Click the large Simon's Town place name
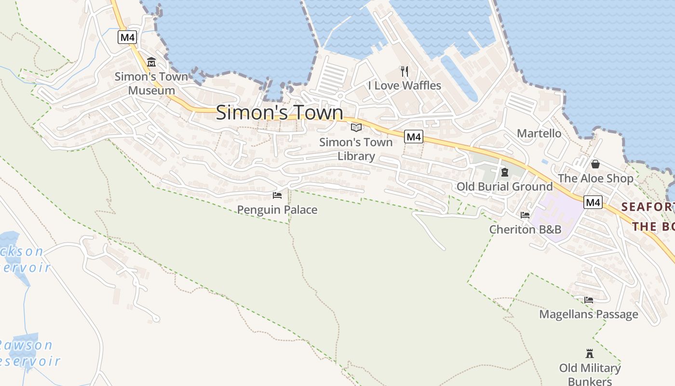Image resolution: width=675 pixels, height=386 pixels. tap(279, 112)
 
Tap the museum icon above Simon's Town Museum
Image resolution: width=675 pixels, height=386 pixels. tap(151, 62)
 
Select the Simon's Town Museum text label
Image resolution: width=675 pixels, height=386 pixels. tap(151, 83)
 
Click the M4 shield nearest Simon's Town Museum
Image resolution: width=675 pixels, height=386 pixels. tap(127, 37)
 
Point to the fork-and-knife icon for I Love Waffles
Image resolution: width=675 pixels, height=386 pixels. tap(405, 71)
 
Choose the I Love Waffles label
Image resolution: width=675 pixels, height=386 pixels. tap(405, 85)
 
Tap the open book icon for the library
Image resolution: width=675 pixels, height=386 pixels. tap(356, 127)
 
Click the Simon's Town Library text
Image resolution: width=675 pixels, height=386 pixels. tap(356, 149)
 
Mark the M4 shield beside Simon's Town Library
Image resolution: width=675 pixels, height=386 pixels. tap(414, 137)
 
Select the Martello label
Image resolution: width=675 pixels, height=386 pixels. tap(539, 133)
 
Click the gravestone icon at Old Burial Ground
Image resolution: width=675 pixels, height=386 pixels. tap(505, 172)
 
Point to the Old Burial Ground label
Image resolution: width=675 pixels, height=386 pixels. tap(504, 186)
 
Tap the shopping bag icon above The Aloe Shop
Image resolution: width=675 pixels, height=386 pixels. tap(595, 164)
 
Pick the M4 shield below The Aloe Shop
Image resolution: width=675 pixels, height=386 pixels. tap(593, 202)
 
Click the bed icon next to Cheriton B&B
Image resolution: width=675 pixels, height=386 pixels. tap(525, 215)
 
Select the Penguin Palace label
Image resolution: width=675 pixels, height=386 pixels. tap(277, 210)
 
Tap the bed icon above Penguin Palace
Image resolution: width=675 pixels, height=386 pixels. tap(277, 195)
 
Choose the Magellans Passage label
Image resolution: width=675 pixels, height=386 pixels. tap(589, 315)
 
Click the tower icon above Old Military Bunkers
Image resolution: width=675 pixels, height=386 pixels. tap(589, 353)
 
